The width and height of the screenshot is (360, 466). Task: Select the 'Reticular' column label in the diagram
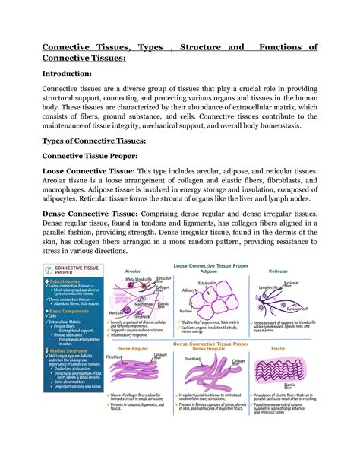tap(279, 271)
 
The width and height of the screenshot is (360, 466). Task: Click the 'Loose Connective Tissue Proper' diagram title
tap(210, 265)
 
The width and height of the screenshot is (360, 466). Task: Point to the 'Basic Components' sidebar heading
tap(73, 312)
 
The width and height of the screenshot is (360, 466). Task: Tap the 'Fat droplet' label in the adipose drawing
tap(209, 283)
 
